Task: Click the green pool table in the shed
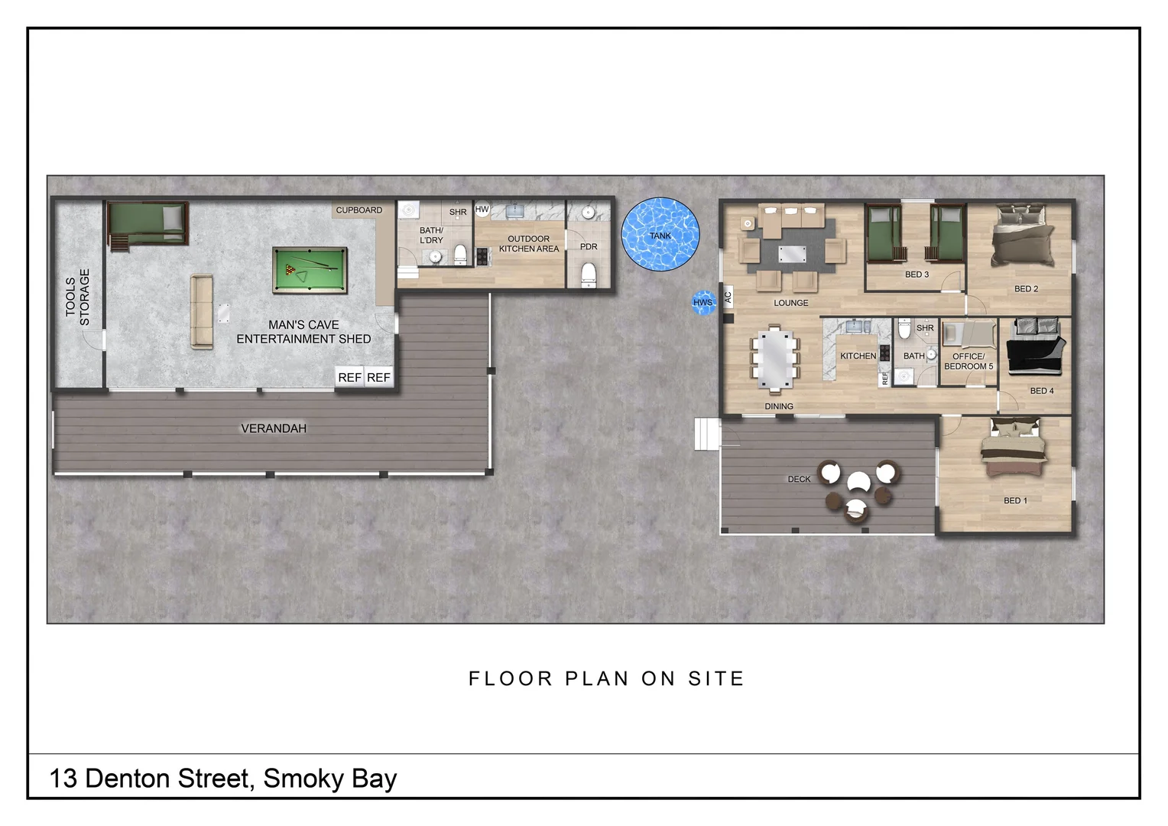tap(310, 270)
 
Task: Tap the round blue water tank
tap(660, 234)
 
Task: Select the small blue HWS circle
tap(702, 302)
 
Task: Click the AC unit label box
tap(728, 297)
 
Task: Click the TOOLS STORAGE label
tap(77, 298)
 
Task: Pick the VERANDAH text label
tap(274, 428)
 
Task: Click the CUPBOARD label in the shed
tap(359, 210)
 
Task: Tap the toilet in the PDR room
tap(589, 273)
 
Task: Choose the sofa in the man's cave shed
tap(201, 312)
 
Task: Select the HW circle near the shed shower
tap(482, 210)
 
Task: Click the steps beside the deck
tap(707, 434)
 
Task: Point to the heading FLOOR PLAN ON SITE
tap(606, 678)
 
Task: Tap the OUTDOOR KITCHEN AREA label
tap(529, 244)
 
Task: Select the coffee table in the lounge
tap(792, 254)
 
